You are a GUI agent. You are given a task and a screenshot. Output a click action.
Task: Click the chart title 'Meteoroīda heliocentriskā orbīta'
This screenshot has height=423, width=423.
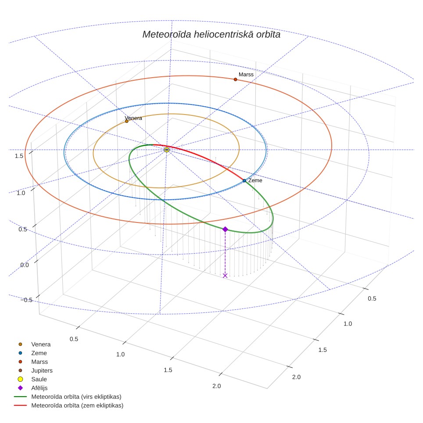click(211, 35)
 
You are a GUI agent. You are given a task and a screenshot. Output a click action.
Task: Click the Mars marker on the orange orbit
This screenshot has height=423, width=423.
click(236, 79)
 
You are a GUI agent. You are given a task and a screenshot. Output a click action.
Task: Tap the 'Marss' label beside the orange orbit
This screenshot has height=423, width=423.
click(246, 75)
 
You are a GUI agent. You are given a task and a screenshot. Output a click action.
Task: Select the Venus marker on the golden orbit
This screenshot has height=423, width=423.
click(127, 122)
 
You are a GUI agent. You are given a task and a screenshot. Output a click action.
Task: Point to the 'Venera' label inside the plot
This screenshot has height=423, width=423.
click(133, 118)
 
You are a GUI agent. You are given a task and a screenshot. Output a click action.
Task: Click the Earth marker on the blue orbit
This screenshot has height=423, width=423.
click(244, 180)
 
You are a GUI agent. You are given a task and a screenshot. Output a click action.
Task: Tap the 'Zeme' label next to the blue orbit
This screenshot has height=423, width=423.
click(255, 180)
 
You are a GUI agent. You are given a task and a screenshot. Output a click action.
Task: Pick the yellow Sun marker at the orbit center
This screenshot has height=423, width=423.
click(167, 150)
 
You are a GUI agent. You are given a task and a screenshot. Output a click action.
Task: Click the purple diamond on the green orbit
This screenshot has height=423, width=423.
click(225, 229)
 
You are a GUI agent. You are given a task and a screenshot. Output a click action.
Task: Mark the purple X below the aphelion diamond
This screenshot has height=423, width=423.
click(225, 276)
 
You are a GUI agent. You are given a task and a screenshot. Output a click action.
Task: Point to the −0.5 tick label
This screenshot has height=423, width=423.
click(26, 300)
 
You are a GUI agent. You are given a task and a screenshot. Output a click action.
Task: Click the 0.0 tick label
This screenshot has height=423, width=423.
click(25, 265)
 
